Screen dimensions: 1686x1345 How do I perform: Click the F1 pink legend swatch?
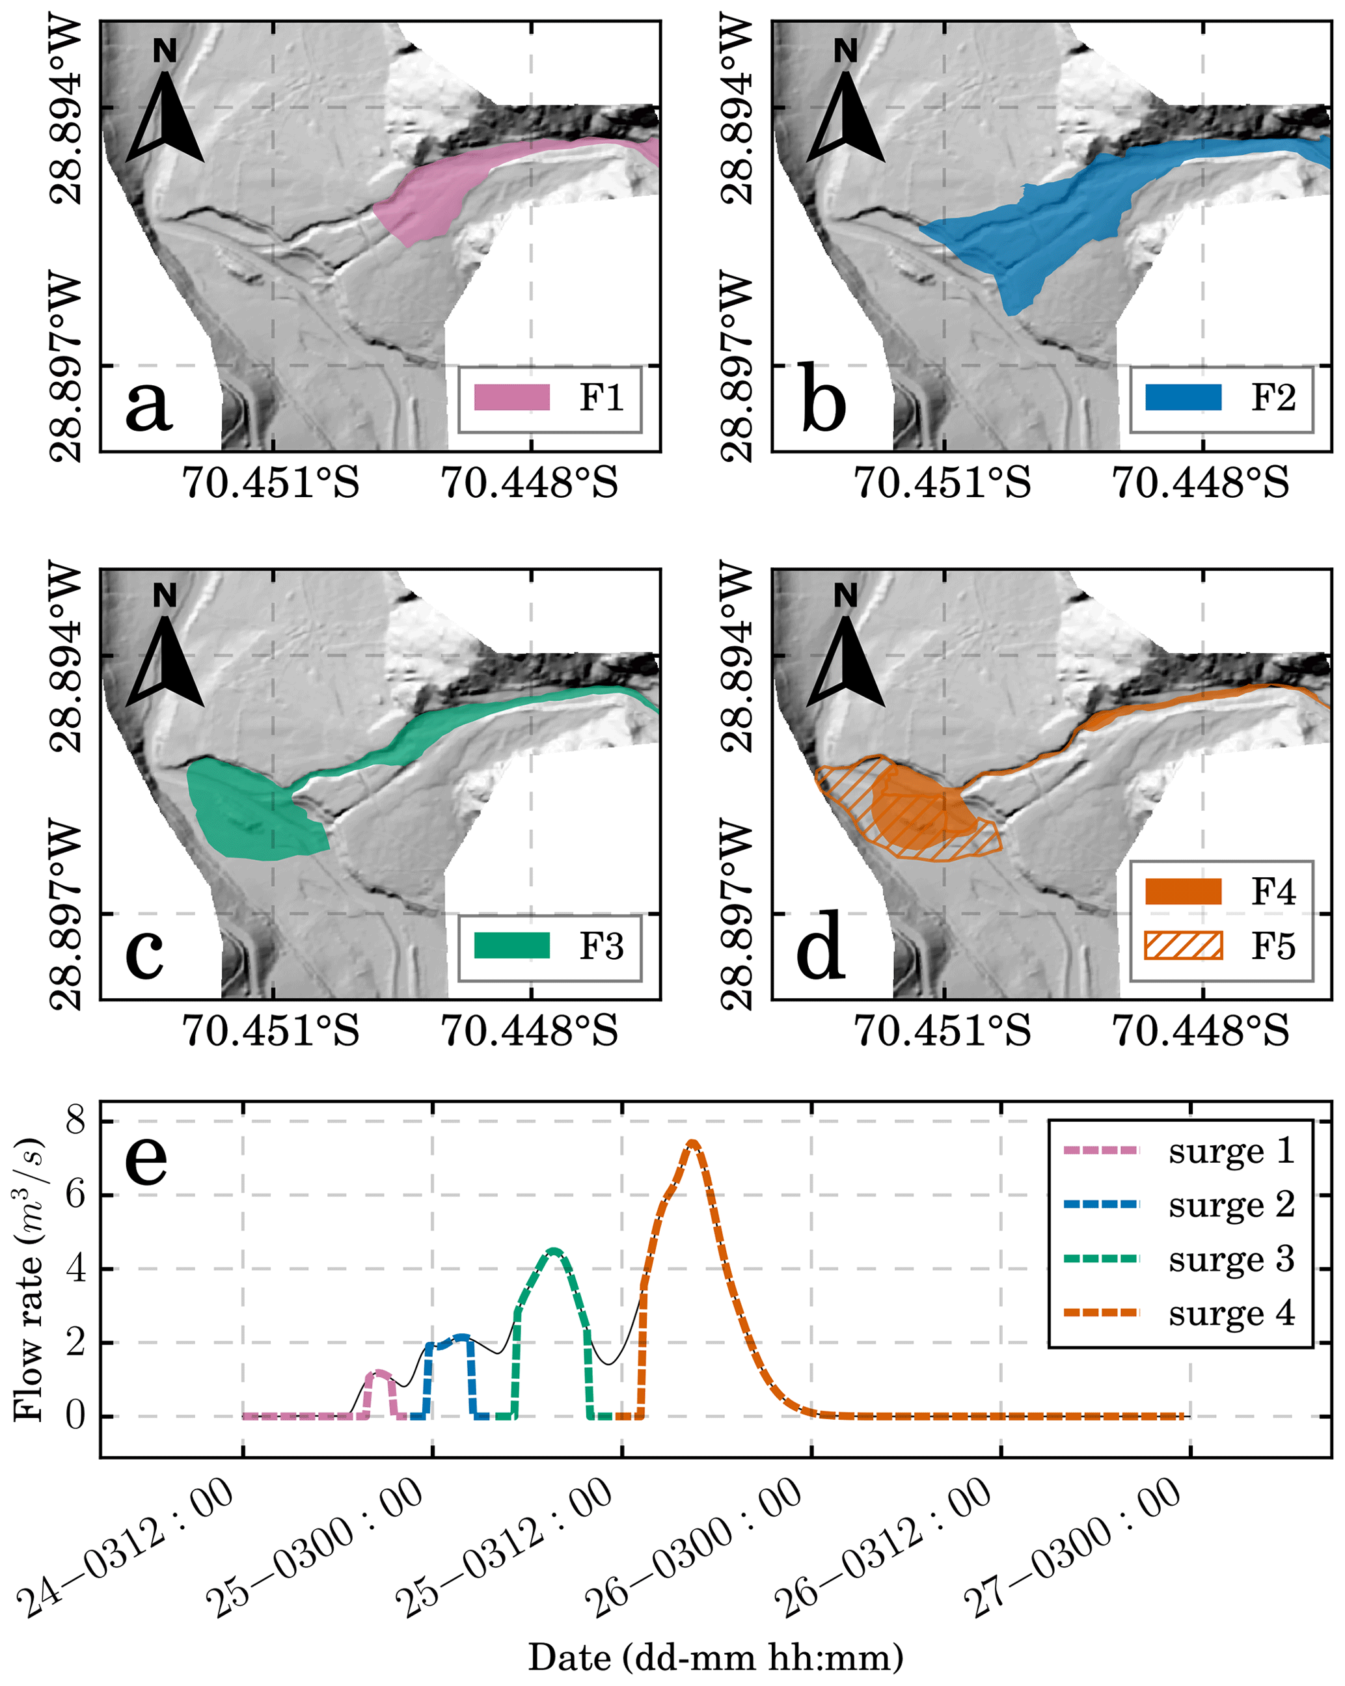tap(512, 397)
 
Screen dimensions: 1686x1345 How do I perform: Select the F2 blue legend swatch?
tap(1183, 397)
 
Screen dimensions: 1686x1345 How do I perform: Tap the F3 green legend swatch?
tap(512, 945)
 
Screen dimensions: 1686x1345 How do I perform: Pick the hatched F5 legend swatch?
tap(1183, 945)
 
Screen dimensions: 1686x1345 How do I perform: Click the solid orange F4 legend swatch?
tap(1183, 891)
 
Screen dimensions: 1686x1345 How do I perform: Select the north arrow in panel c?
tap(165, 660)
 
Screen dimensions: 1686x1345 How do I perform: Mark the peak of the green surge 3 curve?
tap(554, 1251)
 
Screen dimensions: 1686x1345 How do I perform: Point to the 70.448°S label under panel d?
tap(1201, 1030)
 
